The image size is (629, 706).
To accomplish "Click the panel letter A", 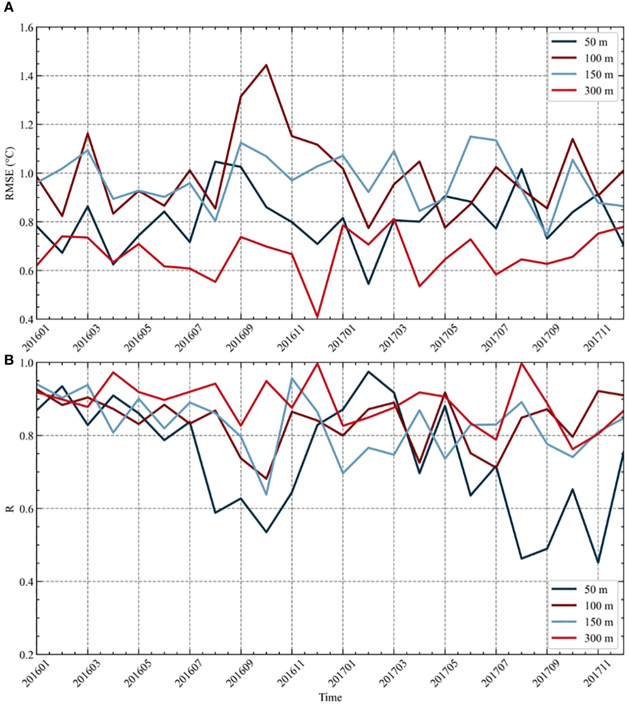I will (x=8, y=8).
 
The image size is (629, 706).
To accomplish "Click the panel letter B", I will (x=8, y=360).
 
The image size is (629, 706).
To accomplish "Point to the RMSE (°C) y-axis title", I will (x=10, y=173).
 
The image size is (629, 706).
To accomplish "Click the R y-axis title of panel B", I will (x=10, y=509).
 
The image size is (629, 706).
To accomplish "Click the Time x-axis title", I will (x=330, y=697).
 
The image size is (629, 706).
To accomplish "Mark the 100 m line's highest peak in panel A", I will (x=266, y=65).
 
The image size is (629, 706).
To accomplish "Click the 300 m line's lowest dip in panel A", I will (x=317, y=317).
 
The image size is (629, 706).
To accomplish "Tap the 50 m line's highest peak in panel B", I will (x=368, y=372).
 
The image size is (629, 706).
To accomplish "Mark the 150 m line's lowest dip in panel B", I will (x=266, y=494).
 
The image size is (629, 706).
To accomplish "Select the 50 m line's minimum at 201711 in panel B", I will (x=598, y=563).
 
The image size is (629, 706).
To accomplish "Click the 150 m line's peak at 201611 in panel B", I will (x=292, y=378).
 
